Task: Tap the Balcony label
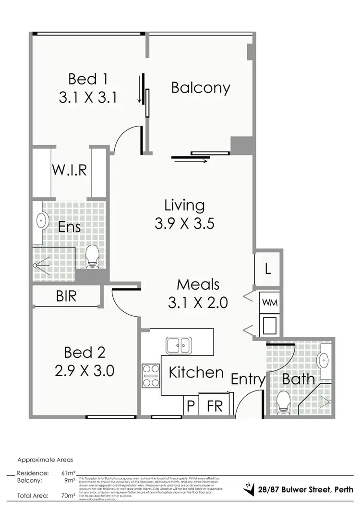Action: tap(201, 88)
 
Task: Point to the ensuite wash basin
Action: tap(42, 221)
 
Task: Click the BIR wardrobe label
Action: tap(66, 296)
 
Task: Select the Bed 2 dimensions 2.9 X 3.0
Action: tap(84, 370)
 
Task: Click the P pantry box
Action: tap(191, 406)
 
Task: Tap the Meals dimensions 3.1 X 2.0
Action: tap(198, 302)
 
